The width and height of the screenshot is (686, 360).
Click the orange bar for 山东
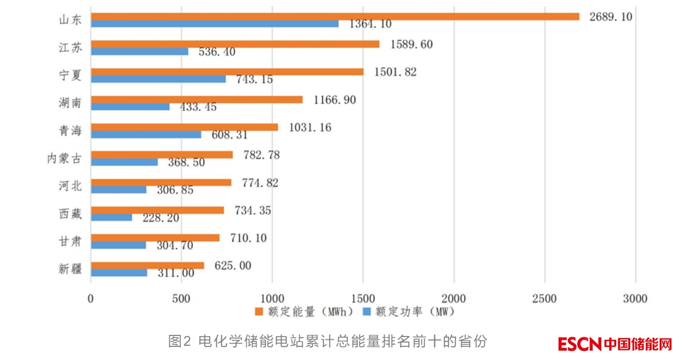[x=334, y=16]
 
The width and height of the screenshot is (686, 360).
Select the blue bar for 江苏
[x=139, y=51]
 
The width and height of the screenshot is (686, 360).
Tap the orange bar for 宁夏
[x=227, y=72]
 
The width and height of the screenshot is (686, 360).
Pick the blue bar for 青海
[x=146, y=134]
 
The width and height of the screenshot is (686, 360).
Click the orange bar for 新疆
[x=147, y=265]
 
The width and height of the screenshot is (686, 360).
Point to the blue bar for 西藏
[x=111, y=217]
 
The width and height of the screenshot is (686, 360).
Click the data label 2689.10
[x=611, y=17]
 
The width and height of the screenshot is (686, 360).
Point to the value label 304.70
[x=175, y=246]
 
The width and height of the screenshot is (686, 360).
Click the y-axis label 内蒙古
[x=64, y=158]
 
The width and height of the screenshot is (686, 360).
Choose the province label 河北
[x=70, y=186]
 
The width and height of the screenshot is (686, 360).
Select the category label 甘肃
[x=70, y=241]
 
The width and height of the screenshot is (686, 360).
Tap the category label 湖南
[x=70, y=103]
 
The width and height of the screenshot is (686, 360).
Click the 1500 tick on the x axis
[x=363, y=299]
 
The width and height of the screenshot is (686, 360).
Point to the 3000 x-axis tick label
[x=635, y=299]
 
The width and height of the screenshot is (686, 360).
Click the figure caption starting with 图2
[x=327, y=342]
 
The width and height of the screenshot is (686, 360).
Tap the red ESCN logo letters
[x=579, y=344]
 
